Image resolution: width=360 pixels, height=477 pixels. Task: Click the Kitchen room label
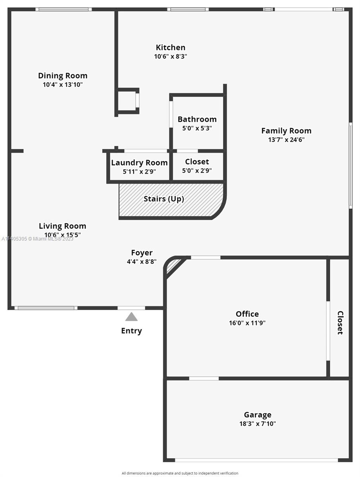170,47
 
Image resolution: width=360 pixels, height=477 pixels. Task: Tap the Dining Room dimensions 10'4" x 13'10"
62,84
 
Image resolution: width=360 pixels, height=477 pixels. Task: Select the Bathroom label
197,119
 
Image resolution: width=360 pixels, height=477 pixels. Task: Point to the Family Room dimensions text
286,140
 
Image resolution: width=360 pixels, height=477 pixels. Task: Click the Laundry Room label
139,163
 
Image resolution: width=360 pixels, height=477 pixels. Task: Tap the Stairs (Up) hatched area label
164,199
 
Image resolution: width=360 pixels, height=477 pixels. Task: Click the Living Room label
62,226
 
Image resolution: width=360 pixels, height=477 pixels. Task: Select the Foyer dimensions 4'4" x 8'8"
142,262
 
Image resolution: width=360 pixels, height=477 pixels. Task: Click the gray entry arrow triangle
131,317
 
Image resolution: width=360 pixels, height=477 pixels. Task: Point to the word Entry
131,331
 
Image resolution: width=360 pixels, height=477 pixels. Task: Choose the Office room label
247,314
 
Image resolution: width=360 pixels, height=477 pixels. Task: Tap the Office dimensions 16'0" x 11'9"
247,323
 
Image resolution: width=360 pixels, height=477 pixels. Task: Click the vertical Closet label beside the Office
340,323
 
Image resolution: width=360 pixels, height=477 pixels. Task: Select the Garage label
258,415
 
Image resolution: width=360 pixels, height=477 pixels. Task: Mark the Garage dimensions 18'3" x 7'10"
258,424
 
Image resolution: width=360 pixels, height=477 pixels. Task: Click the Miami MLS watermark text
37,238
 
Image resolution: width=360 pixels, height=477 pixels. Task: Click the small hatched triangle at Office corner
171,266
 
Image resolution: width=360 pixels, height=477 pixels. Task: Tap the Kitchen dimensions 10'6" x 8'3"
170,56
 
